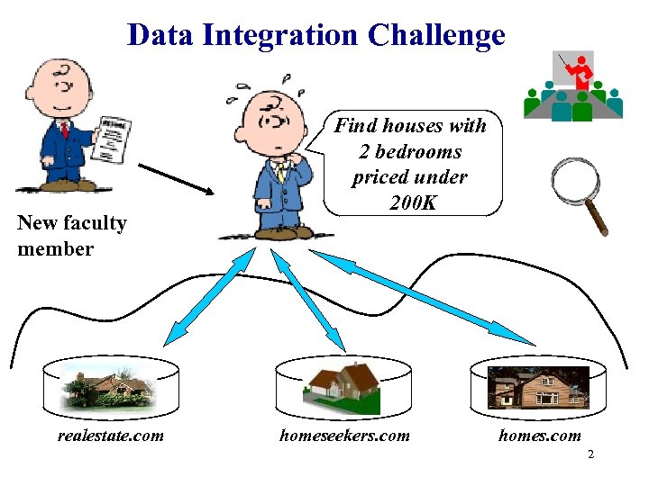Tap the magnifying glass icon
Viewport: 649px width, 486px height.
tap(579, 193)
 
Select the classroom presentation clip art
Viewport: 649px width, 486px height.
tap(574, 86)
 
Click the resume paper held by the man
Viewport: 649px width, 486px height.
tap(113, 139)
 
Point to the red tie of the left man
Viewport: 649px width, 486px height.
tap(65, 130)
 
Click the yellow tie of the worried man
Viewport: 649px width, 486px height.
tap(281, 171)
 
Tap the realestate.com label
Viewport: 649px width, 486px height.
tap(110, 436)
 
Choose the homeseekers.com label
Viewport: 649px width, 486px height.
tap(344, 436)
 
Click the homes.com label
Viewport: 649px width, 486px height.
tap(540, 436)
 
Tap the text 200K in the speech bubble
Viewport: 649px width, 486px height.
tap(414, 202)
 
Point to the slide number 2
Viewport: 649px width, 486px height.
tap(590, 454)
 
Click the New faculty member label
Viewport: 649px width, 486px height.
tap(71, 236)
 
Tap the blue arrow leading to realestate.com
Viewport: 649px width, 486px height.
tap(208, 297)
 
